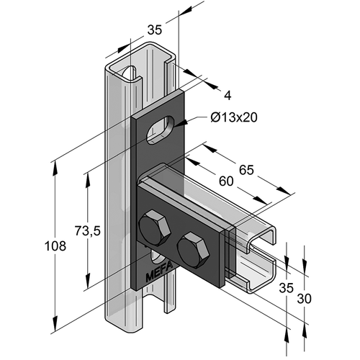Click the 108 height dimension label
tap(55, 246)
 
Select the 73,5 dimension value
tap(87, 231)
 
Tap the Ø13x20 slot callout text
tap(234, 117)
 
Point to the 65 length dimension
tap(246, 170)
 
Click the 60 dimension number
tap(226, 181)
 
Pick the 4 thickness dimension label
tap(228, 96)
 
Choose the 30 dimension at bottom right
tap(305, 299)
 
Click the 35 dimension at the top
tap(155, 30)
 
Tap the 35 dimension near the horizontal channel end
tap(287, 287)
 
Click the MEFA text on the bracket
tap(159, 271)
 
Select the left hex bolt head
tap(155, 228)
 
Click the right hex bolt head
tap(193, 250)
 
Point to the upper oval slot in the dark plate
tap(161, 130)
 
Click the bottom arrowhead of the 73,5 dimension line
tap(88, 281)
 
